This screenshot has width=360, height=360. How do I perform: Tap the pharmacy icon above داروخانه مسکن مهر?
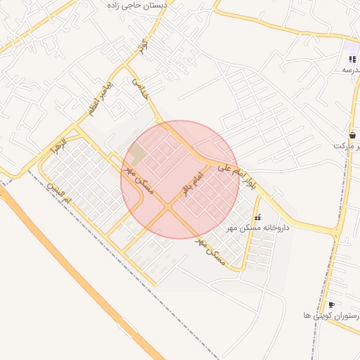pyautogui.click(x=257, y=218)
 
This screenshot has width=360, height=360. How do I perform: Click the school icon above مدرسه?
pyautogui.click(x=352, y=60)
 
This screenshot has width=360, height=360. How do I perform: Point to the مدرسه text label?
pyautogui.click(x=351, y=70)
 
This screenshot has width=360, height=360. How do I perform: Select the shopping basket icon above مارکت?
pyautogui.click(x=352, y=135)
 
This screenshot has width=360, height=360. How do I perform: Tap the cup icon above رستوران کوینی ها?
pyautogui.click(x=331, y=304)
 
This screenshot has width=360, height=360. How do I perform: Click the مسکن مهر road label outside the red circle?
pyautogui.click(x=210, y=251)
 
